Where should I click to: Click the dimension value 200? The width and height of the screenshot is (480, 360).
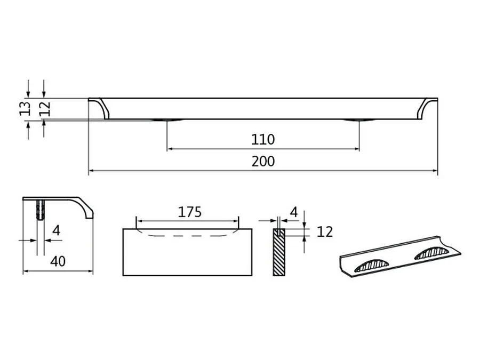click(263, 161)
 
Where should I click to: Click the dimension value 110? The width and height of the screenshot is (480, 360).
click(263, 140)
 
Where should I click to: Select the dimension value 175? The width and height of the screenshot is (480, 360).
click(190, 212)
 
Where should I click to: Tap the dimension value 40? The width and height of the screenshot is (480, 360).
click(58, 261)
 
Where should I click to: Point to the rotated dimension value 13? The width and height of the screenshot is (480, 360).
click(25, 108)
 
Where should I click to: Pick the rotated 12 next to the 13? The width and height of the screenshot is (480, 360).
click(45, 108)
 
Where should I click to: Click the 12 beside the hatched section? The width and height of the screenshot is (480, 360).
click(325, 232)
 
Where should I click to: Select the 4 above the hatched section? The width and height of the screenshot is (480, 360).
click(294, 212)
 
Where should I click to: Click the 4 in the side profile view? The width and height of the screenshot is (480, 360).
click(57, 230)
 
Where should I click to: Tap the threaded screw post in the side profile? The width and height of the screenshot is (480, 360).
click(41, 210)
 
